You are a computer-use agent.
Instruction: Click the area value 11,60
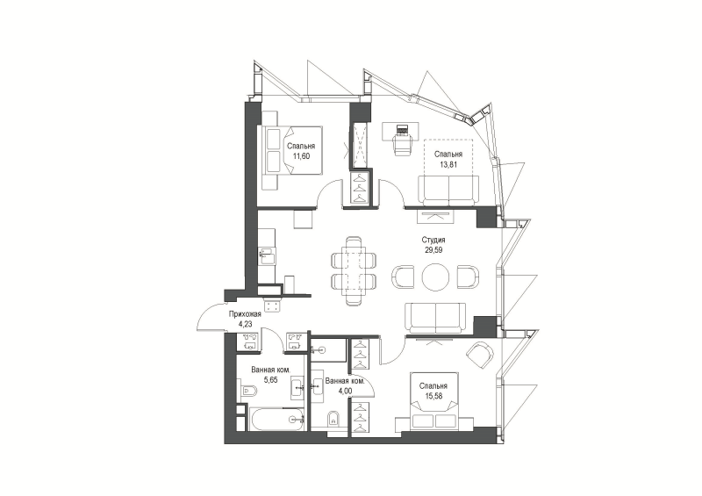pyautogui.click(x=301, y=156)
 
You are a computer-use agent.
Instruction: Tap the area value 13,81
pyautogui.click(x=448, y=164)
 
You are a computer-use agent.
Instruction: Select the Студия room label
pyautogui.click(x=433, y=241)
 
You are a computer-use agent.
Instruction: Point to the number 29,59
pyautogui.click(x=433, y=250)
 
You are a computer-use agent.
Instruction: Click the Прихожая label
pyautogui.click(x=245, y=314)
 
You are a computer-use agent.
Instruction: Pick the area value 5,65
pyautogui.click(x=270, y=380)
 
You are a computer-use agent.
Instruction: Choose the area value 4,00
pyautogui.click(x=345, y=391)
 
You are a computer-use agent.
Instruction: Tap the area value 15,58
pyautogui.click(x=433, y=396)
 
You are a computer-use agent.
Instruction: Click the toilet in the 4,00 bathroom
pyautogui.click(x=333, y=420)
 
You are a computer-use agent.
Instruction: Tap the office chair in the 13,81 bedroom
pyautogui.click(x=403, y=141)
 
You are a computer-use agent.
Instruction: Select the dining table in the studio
pyautogui.click(x=353, y=271)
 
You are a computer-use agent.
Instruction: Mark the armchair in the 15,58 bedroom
pyautogui.click(x=479, y=356)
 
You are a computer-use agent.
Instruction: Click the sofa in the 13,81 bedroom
pyautogui.click(x=448, y=190)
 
